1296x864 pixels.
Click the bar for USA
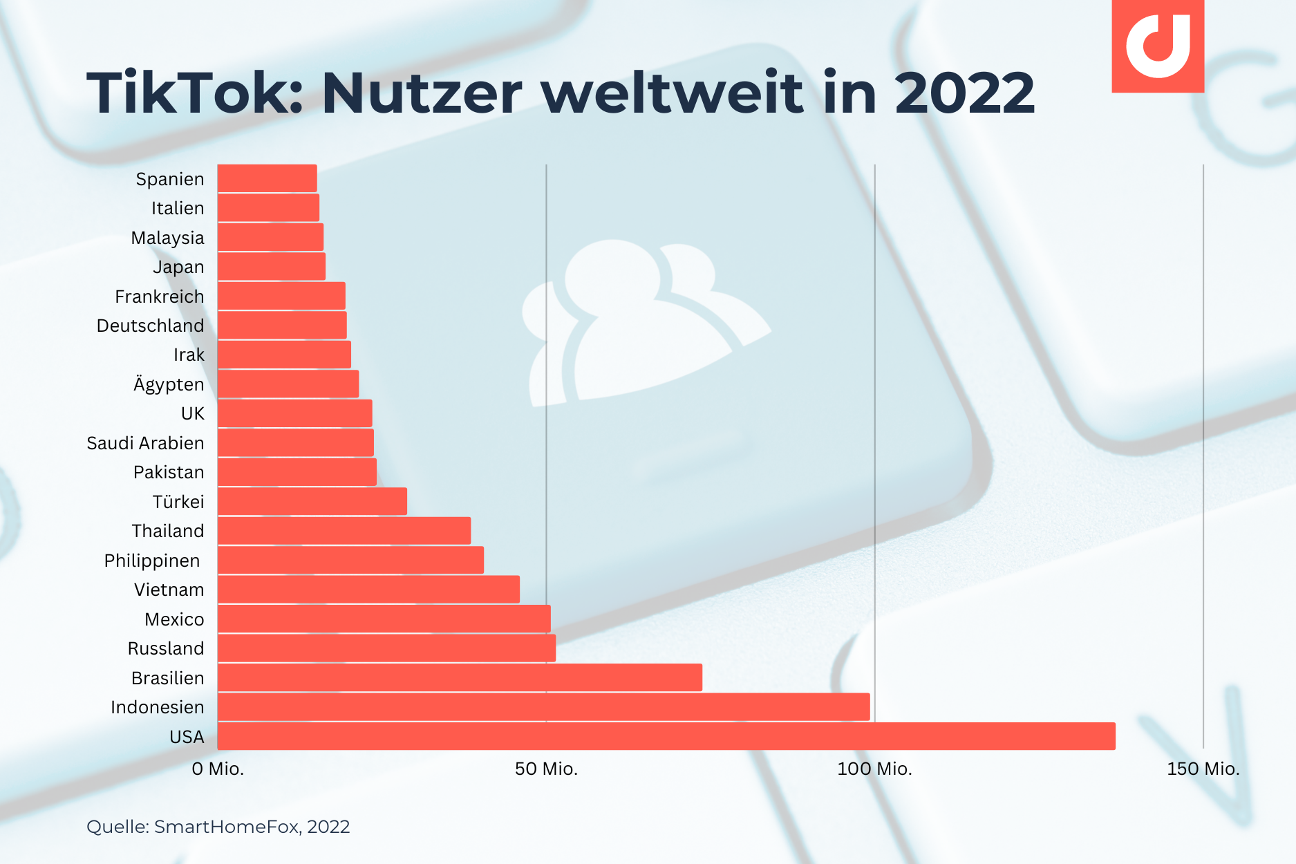666,736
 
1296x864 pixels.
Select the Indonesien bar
543,707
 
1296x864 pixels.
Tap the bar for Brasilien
460,677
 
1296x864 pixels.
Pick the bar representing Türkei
312,501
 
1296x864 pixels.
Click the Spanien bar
267,178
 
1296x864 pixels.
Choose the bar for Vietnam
368,590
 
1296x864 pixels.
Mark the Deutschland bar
282,325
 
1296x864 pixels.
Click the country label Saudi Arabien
145,443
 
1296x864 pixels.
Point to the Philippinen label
152,561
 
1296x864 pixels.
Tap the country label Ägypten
169,384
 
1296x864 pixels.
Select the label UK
192,413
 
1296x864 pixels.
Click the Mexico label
174,619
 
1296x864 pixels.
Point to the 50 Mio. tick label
546,769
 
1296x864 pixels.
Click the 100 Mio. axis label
874,769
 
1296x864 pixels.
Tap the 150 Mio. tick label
1203,769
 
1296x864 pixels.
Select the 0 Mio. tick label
218,769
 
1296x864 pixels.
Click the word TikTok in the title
194,93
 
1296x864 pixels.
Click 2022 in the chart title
964,93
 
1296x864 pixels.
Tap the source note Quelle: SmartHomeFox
218,827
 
